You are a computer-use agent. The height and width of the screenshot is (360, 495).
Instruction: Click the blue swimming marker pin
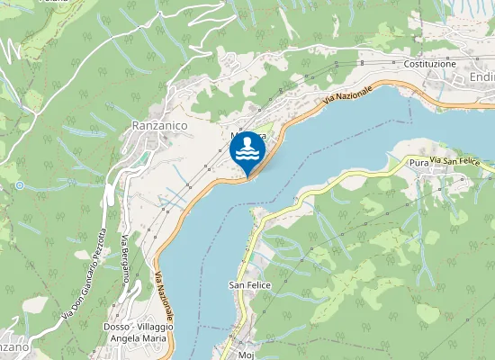[x=247, y=151]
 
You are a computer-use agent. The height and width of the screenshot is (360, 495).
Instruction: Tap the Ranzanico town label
[x=159, y=127]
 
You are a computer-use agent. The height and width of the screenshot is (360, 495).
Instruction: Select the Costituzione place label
[x=430, y=64]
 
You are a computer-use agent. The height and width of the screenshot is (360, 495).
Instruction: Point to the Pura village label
[x=418, y=163]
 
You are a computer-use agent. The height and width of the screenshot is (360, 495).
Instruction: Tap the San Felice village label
[x=250, y=284]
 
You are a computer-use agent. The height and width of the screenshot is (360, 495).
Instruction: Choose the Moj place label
[x=247, y=354]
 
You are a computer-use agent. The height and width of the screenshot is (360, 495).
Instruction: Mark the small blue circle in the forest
[x=19, y=185]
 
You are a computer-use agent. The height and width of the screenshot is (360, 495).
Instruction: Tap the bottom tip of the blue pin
[x=247, y=176]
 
